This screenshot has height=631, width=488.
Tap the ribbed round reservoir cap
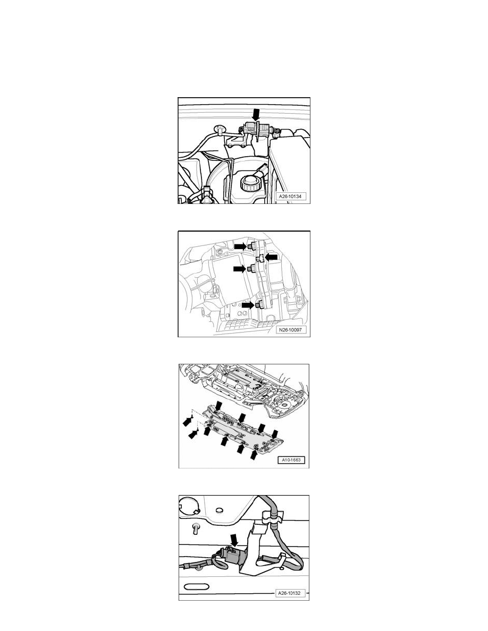[248, 185]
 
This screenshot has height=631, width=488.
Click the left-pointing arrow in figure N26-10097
[272, 257]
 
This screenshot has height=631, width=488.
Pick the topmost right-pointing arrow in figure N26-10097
[241, 245]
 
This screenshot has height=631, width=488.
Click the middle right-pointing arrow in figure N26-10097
[240, 268]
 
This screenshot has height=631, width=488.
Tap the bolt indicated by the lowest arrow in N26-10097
[258, 305]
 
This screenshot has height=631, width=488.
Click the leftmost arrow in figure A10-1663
[187, 421]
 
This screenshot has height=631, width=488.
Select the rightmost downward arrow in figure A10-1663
[275, 434]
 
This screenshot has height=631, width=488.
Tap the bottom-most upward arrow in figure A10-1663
[254, 455]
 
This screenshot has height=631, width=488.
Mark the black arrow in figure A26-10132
[234, 541]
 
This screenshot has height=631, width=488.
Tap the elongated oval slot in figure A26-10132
[197, 586]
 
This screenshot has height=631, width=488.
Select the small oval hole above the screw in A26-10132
[220, 510]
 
